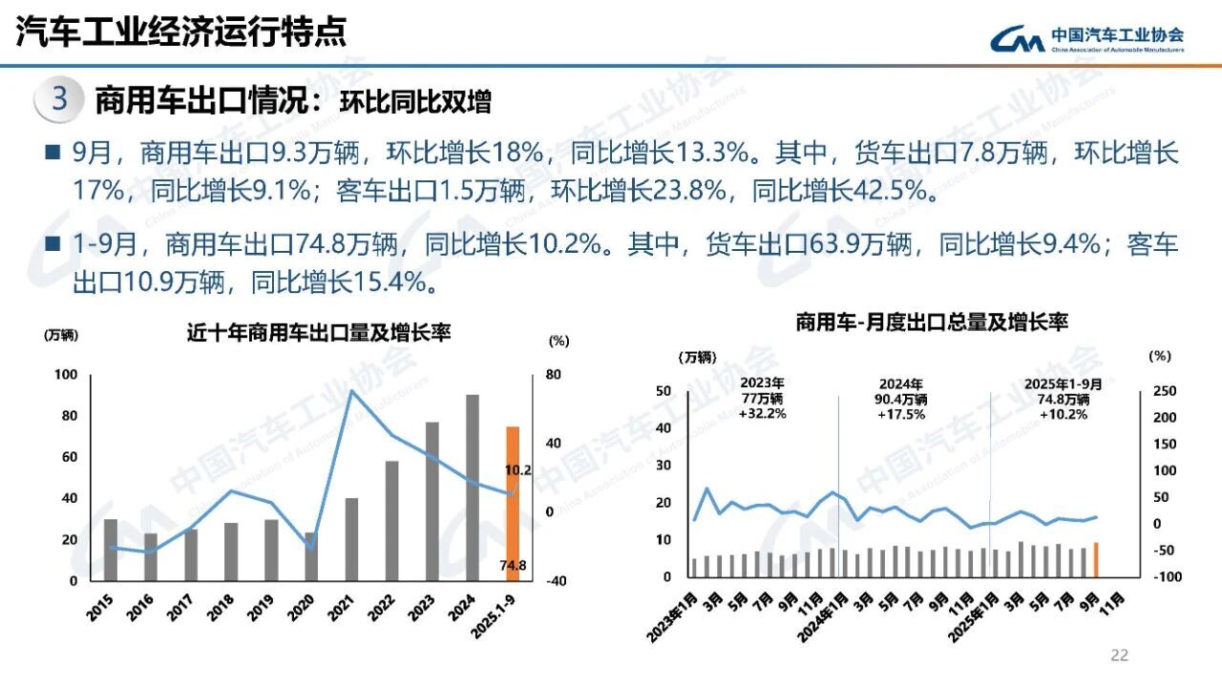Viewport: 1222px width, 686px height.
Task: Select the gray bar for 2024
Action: click(472, 488)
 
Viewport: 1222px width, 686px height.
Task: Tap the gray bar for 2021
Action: click(351, 539)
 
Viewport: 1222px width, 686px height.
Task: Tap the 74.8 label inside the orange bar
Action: click(513, 566)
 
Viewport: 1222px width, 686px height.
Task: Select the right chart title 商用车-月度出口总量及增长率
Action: click(932, 323)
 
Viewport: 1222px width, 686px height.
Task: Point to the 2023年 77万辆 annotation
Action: click(762, 399)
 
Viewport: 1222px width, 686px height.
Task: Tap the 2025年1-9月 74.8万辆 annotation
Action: click(1063, 399)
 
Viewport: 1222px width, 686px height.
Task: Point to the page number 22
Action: click(1119, 655)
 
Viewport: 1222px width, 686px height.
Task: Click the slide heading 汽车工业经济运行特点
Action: click(181, 32)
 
